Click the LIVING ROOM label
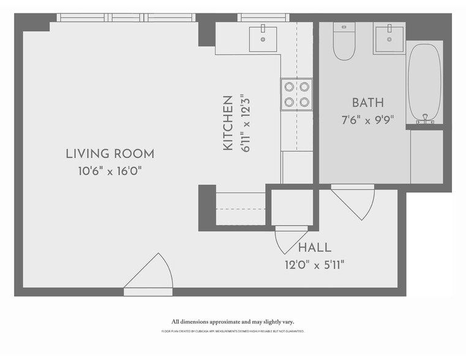tap(110, 154)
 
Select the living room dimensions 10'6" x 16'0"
tap(110, 171)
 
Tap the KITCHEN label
tap(228, 123)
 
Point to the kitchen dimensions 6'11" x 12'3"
tap(246, 123)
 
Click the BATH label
tap(367, 102)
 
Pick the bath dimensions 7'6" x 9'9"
tap(367, 119)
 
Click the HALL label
tap(315, 248)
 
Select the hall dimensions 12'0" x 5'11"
tap(315, 264)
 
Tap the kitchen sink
tap(263, 39)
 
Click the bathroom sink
tap(389, 39)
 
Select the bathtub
tap(424, 83)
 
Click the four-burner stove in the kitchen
tap(296, 94)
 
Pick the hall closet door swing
tap(290, 239)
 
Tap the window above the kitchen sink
tap(263, 17)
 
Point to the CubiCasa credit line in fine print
tap(233, 331)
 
